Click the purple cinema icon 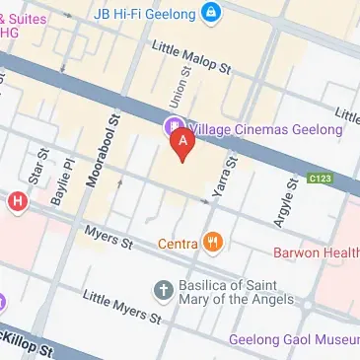(x=173, y=125)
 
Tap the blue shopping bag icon (x=209, y=13)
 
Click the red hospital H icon (x=16, y=202)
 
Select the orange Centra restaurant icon (x=213, y=242)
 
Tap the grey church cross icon (x=164, y=289)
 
